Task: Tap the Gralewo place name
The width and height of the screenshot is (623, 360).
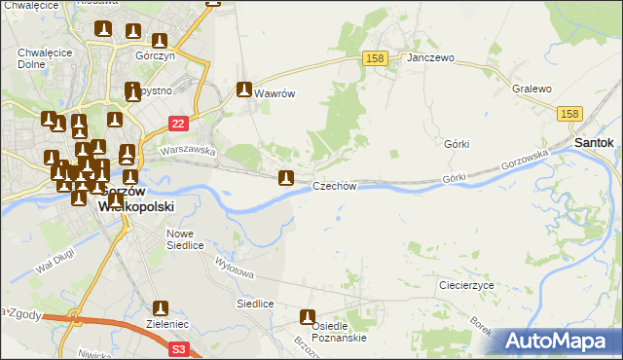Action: coord(531,89)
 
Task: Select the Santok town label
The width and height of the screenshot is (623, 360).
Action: coord(594,142)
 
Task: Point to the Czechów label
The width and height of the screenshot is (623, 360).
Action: coord(336,186)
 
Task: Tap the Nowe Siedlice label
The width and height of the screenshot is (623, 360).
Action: coord(185,239)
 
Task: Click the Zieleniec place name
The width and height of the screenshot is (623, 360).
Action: coord(161,328)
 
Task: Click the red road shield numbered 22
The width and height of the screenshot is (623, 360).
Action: coord(177,123)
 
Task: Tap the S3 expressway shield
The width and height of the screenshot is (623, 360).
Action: coord(177,347)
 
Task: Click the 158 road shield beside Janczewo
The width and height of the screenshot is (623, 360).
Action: coord(376,58)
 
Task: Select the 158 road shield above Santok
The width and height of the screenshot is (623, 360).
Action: coord(571,114)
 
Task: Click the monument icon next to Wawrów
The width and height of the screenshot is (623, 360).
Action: coord(244,90)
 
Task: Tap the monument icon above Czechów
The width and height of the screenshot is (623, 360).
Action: coord(285,178)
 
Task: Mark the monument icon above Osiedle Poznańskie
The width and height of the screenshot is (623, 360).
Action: coord(309,317)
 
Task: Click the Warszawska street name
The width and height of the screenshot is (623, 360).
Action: coord(187,151)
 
